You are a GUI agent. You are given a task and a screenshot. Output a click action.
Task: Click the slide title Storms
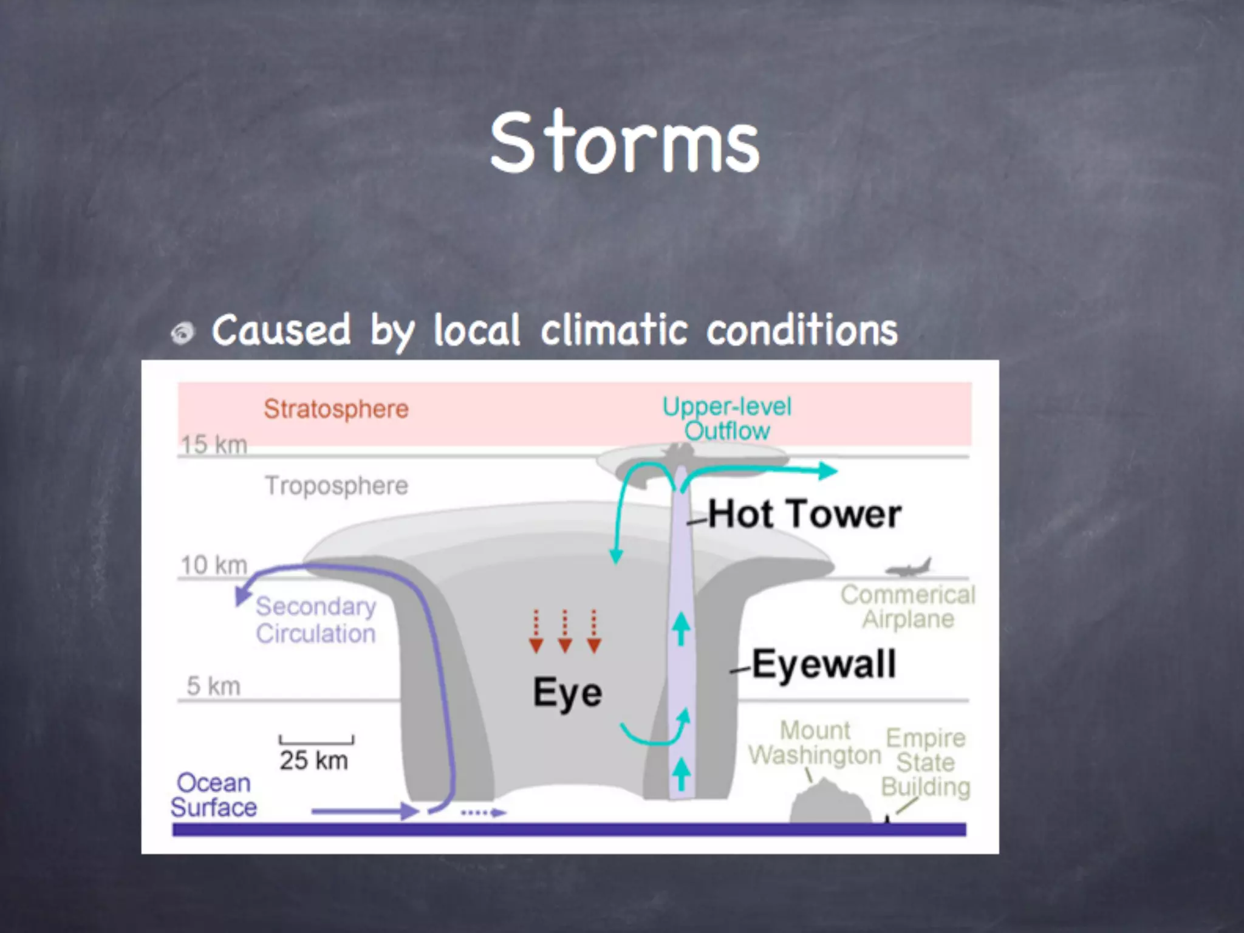click(624, 143)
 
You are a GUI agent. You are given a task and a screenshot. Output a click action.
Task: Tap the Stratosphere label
click(336, 409)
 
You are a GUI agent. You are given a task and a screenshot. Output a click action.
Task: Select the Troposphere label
click(337, 485)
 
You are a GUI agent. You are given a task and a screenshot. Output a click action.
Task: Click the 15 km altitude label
click(214, 445)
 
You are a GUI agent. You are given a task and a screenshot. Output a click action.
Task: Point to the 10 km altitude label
click(214, 565)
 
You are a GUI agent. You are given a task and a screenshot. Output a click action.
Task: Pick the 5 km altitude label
click(213, 686)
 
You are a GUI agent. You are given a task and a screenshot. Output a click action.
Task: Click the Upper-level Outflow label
click(726, 419)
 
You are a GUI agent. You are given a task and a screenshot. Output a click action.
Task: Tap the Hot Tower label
click(804, 514)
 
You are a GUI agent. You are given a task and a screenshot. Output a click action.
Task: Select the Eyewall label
click(824, 663)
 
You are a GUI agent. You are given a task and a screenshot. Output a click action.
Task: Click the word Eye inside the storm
click(567, 692)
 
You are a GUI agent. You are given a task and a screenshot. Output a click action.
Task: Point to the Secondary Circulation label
click(315, 620)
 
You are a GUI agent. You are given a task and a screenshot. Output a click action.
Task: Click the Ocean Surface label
click(213, 795)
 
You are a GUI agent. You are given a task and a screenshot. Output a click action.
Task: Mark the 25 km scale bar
click(316, 740)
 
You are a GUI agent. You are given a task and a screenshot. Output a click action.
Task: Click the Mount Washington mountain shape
click(830, 802)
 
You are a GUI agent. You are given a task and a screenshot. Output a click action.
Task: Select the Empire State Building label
click(926, 762)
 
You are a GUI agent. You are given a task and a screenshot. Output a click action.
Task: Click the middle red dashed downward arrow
click(565, 632)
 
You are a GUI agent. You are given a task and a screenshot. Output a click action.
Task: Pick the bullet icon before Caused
click(182, 333)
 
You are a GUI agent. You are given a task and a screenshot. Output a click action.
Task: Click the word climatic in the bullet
click(613, 330)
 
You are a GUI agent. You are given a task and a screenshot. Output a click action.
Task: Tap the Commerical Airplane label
click(908, 607)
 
